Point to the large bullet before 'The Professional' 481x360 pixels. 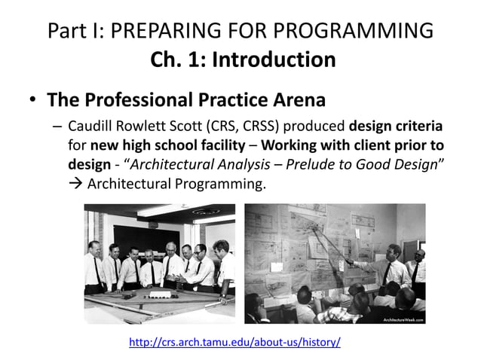(x=32, y=100)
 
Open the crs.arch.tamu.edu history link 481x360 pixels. (x=234, y=343)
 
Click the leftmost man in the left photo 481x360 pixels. (x=93, y=267)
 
